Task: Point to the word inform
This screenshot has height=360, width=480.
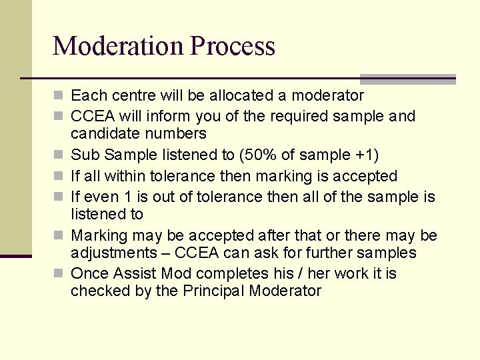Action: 172,116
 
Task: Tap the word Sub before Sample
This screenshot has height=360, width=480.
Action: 83,155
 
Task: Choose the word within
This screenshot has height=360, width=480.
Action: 125,176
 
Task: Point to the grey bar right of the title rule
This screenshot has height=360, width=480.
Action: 407,79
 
